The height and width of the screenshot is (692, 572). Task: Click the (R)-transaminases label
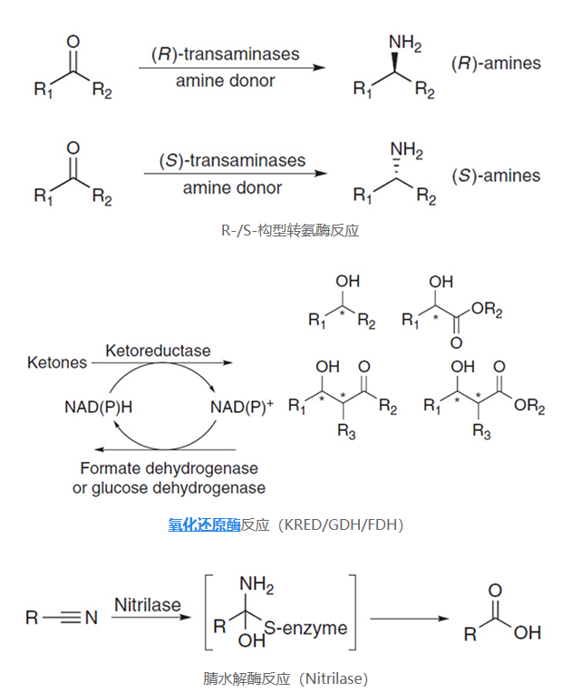click(x=224, y=54)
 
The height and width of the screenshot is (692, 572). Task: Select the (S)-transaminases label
click(x=232, y=161)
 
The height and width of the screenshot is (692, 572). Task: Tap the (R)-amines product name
click(x=495, y=64)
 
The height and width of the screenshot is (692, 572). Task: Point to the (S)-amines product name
click(x=496, y=176)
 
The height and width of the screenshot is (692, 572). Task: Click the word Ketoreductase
click(x=157, y=351)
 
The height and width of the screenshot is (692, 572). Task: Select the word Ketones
click(x=57, y=362)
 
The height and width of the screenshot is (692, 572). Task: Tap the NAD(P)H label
click(x=98, y=407)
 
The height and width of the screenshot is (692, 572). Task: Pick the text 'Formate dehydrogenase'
click(x=169, y=468)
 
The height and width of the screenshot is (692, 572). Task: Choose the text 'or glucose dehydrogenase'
click(x=169, y=488)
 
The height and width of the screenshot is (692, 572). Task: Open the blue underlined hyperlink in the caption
click(x=204, y=524)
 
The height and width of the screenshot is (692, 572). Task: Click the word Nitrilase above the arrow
click(x=148, y=604)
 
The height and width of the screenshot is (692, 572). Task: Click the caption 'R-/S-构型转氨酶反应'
click(x=290, y=230)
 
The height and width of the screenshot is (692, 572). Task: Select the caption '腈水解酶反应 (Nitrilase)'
click(x=286, y=678)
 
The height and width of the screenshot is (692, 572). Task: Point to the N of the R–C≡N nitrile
click(x=91, y=618)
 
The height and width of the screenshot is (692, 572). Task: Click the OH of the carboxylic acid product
click(x=527, y=633)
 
